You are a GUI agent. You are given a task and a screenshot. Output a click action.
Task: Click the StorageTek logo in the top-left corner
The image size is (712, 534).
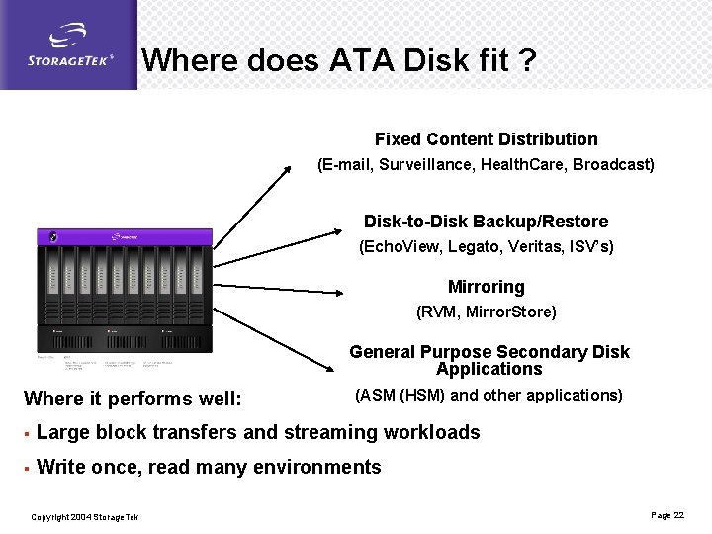pos(68,45)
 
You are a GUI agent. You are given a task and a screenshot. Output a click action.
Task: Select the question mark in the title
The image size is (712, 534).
pos(527,61)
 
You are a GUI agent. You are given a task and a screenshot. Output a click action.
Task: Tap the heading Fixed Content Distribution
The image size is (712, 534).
pos(486,139)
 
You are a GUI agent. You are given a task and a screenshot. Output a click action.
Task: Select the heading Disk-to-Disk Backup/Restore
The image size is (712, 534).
pos(486,222)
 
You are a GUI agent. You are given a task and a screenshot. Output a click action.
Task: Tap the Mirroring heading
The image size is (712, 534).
pos(486,287)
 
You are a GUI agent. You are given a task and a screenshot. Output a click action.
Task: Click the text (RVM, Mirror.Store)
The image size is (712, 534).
pos(486,312)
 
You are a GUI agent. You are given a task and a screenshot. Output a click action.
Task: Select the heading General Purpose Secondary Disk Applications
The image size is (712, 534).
pos(489,360)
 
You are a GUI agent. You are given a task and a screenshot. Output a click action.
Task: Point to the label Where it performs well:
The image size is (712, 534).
pos(132,400)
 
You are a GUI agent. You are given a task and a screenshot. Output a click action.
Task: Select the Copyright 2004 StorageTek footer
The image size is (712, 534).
pos(84,517)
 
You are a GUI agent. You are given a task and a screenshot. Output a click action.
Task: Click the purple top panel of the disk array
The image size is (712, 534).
pos(125,237)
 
